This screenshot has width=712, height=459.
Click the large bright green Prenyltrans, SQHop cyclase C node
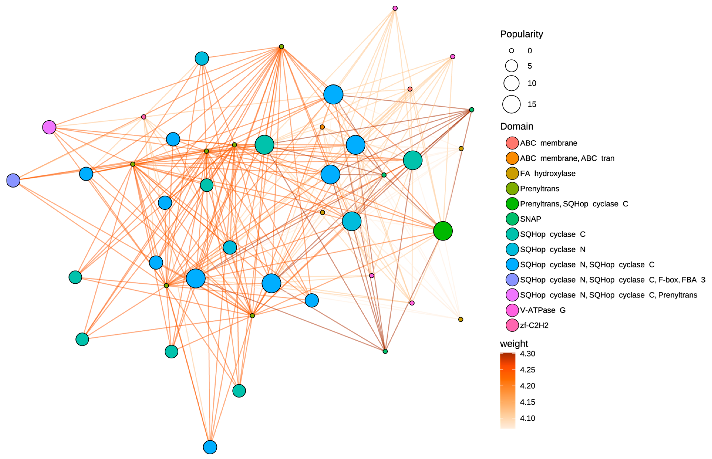(x=443, y=231)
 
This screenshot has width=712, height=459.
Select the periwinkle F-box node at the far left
(x=13, y=180)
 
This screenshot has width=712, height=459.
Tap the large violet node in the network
(x=49, y=127)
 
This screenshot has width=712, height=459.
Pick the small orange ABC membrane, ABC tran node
(x=322, y=127)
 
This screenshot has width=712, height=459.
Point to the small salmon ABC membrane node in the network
(x=410, y=89)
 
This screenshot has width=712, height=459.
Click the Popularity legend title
(x=521, y=34)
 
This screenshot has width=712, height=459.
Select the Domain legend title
(x=517, y=126)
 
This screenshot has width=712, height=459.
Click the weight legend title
(x=514, y=344)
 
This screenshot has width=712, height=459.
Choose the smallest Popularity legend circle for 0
(x=512, y=51)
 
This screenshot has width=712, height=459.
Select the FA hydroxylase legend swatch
(x=512, y=174)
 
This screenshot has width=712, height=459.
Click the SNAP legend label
(x=530, y=219)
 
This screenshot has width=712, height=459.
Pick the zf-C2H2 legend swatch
(x=512, y=325)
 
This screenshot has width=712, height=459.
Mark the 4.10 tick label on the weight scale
(x=528, y=418)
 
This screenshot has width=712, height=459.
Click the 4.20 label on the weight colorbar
(x=528, y=386)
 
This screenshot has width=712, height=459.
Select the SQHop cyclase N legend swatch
(x=512, y=249)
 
